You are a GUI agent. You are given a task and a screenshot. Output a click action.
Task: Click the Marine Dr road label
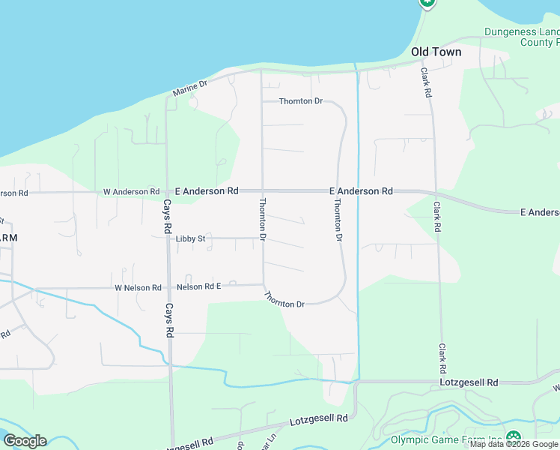point(189,88)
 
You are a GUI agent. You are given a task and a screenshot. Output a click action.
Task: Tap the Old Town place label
point(436,52)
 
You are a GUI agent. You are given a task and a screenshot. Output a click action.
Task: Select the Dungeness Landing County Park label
point(522,37)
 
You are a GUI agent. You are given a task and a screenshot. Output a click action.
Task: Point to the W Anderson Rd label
point(131,192)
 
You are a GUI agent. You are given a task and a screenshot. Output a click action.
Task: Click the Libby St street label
point(191,238)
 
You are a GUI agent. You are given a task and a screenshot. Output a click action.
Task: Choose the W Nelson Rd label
point(138,287)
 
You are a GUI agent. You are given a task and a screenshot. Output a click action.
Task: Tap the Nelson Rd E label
point(198,286)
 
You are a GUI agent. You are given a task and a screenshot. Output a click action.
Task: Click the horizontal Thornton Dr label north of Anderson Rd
point(300,101)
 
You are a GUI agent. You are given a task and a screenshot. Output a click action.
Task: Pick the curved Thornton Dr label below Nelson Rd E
point(284,300)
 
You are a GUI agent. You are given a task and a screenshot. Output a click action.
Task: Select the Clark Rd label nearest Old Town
point(425,82)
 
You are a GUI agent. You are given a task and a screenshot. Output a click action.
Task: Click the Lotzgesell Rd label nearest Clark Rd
point(470,382)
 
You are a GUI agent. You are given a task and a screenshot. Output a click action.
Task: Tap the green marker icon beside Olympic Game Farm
point(514,437)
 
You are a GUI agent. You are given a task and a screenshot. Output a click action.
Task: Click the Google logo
point(25,440)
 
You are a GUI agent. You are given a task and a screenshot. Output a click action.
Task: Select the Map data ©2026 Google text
point(514,445)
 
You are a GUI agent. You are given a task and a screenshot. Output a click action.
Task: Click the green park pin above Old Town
point(427,3)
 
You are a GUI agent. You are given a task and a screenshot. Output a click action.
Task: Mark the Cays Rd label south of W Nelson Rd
point(169,319)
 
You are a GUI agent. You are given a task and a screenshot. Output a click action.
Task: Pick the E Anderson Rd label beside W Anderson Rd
point(207,191)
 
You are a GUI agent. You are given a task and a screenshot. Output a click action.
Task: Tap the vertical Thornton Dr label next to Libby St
point(263,218)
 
